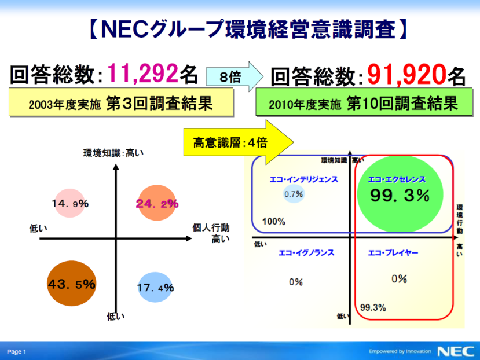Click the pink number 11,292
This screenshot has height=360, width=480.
(142, 74)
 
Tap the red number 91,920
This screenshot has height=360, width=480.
(406, 75)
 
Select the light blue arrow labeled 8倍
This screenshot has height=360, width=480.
(234, 76)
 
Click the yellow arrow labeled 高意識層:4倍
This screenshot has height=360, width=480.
(239, 142)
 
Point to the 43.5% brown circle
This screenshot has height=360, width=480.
(72, 284)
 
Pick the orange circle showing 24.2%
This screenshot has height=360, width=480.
(157, 203)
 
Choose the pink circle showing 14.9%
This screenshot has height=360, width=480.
(70, 203)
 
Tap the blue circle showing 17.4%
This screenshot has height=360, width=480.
(155, 287)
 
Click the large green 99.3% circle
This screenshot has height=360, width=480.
(400, 194)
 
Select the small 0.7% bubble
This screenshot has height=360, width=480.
(294, 194)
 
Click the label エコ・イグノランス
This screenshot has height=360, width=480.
(306, 253)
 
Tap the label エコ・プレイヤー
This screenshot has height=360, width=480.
(393, 253)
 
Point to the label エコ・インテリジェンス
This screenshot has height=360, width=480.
(303, 179)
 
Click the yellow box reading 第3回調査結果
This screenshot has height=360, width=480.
(121, 102)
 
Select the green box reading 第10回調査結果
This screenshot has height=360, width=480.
(364, 102)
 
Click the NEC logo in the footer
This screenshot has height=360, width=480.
(456, 351)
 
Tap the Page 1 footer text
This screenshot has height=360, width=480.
(17, 352)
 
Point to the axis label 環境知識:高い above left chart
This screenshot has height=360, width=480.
(113, 153)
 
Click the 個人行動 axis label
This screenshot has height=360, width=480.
(211, 227)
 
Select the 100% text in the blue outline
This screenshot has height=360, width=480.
(274, 221)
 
